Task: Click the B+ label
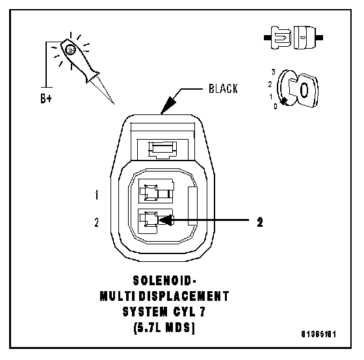coord(46,98)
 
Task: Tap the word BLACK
coord(223,88)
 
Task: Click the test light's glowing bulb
coord(70,50)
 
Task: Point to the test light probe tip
coord(114,104)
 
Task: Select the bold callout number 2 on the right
coord(260,222)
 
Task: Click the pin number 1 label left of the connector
coord(97,195)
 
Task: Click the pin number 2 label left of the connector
coord(97,222)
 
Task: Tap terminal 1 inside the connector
coord(156,192)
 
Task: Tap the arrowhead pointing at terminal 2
coord(166,220)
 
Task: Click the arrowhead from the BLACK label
coord(168,105)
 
